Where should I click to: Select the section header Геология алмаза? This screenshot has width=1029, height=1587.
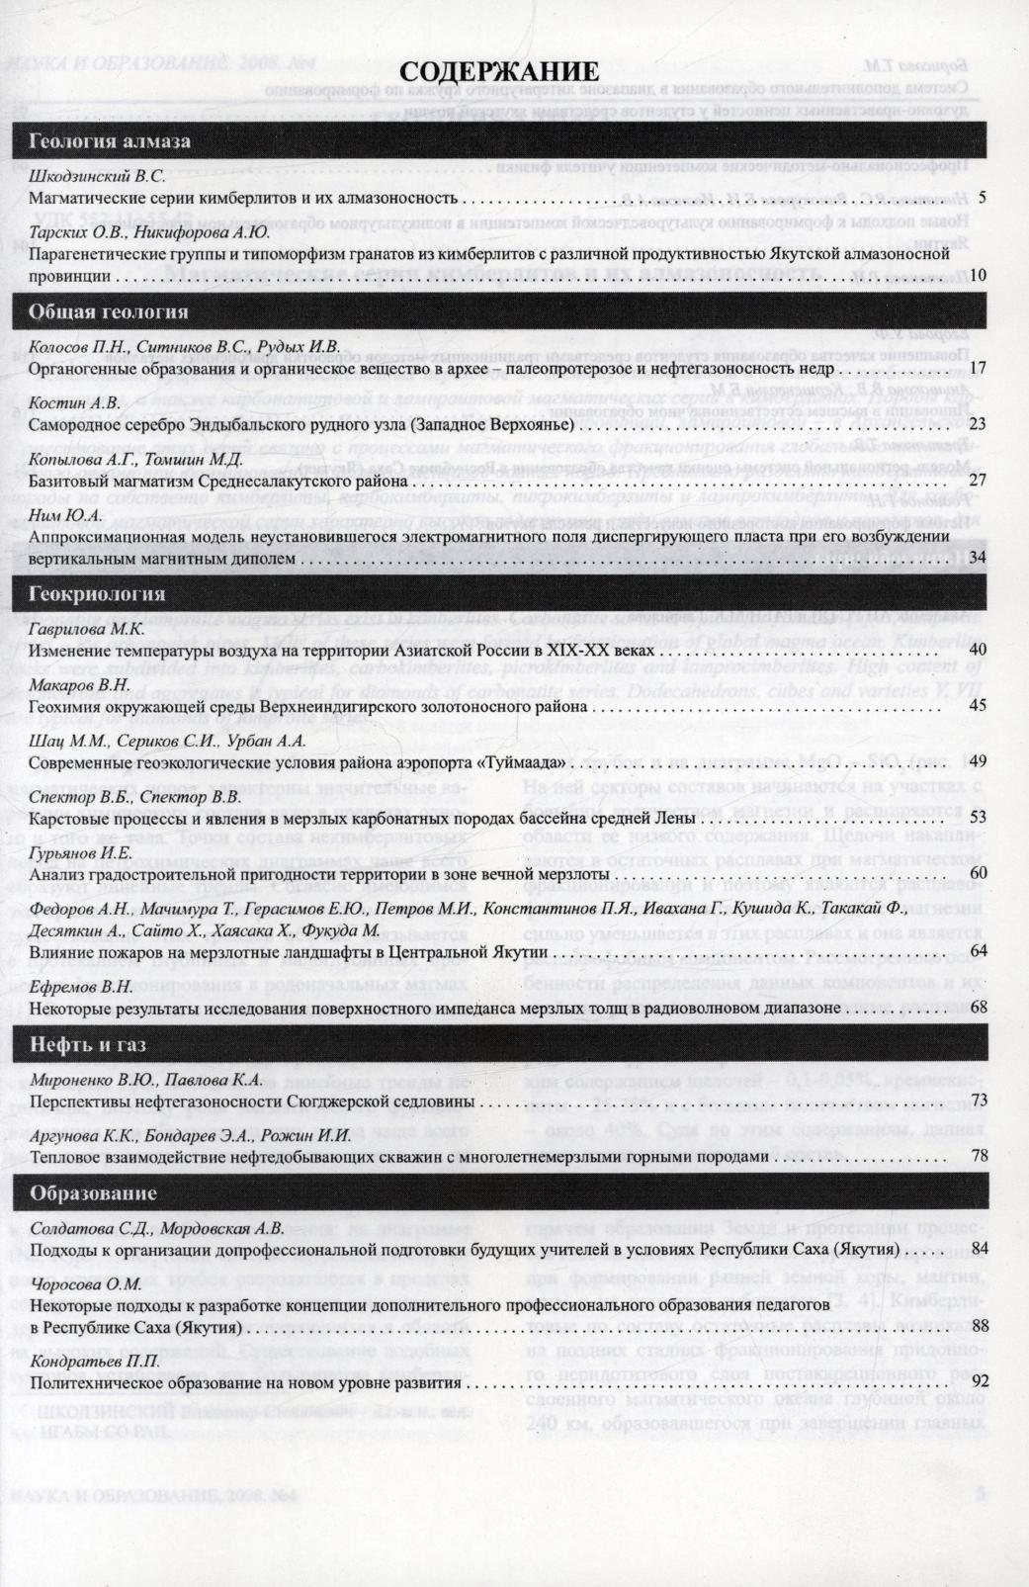point(110,140)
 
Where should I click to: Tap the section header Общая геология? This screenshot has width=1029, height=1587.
point(109,312)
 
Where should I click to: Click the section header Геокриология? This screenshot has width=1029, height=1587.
point(97,594)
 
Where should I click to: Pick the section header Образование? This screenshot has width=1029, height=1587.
point(93,1192)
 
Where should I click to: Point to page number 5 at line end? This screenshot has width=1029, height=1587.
point(983,198)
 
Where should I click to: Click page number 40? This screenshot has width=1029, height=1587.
point(979,651)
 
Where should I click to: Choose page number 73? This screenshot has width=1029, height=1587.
point(980,1101)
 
